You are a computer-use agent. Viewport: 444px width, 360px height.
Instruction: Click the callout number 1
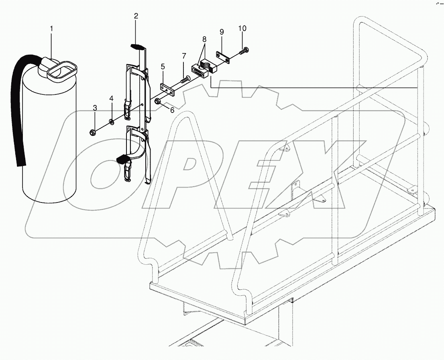coord(51,29)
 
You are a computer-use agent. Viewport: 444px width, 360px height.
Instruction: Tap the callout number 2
coord(136,16)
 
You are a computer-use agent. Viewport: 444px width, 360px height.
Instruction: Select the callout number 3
coord(95,108)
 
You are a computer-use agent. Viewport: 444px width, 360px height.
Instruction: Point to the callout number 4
coord(111,98)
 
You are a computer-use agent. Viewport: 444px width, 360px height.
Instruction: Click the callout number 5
coord(163,67)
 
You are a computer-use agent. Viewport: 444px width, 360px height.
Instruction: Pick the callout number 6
coord(172,110)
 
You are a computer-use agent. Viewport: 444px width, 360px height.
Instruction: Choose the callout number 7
coord(184,55)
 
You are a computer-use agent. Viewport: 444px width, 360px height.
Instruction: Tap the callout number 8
coord(204,39)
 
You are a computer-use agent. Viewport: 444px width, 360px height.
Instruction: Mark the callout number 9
coord(222,31)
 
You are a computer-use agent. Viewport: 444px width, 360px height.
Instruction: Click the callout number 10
coord(242,29)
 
